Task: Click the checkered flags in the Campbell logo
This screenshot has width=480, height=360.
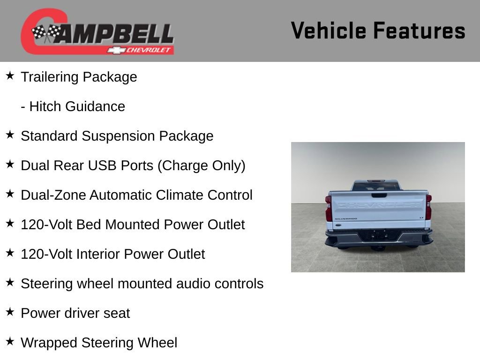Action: pos(46,33)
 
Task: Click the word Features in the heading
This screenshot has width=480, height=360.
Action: pos(419,30)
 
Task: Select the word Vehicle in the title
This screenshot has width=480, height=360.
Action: pos(328,30)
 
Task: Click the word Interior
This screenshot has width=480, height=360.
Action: pos(100,254)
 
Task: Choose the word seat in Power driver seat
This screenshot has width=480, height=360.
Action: pos(117,313)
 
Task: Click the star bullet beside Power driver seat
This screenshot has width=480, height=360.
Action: pos(10,311)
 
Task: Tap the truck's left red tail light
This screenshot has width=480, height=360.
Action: pos(329,208)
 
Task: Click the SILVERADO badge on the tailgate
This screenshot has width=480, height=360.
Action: pos(345,218)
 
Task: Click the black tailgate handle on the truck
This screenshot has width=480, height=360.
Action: pos(379,195)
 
